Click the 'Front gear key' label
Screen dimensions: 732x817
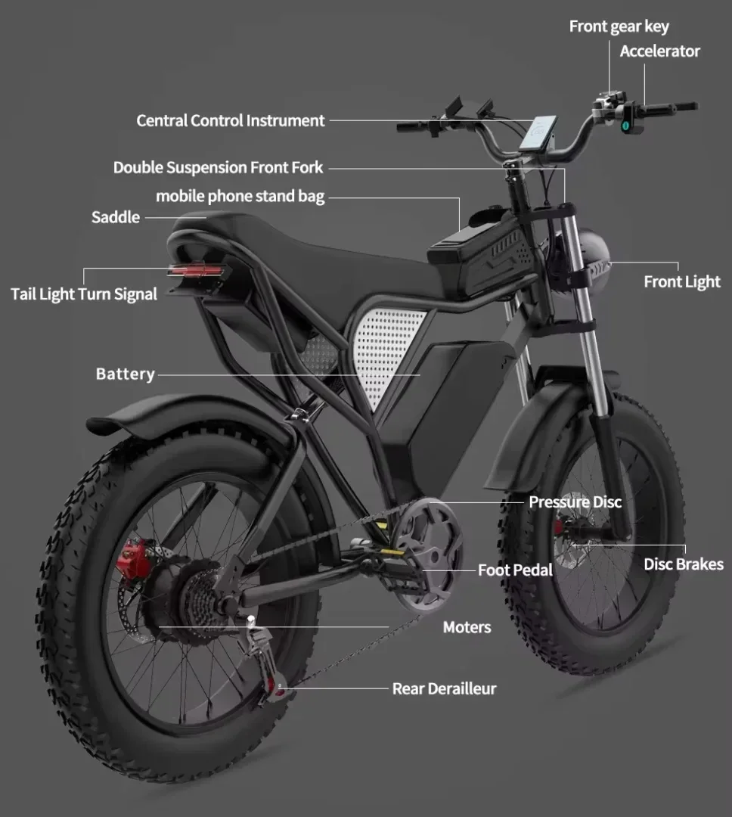click(x=619, y=26)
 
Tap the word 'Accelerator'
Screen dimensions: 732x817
click(x=659, y=51)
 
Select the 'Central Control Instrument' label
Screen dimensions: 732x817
click(x=230, y=120)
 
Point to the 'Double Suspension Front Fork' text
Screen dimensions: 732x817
click(x=218, y=167)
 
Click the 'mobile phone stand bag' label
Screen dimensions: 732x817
click(x=240, y=197)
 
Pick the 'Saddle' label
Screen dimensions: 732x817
click(x=116, y=217)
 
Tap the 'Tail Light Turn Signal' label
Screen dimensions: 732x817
click(x=84, y=294)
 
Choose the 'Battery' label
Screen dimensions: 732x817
click(x=125, y=374)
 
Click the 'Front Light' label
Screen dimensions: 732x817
click(x=681, y=282)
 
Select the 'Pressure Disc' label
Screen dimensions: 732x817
click(x=575, y=502)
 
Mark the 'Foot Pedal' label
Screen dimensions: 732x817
click(x=515, y=570)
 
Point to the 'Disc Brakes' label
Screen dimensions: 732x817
click(x=683, y=564)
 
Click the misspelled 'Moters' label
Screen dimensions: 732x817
click(x=467, y=627)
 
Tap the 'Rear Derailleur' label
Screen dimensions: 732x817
click(x=444, y=688)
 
